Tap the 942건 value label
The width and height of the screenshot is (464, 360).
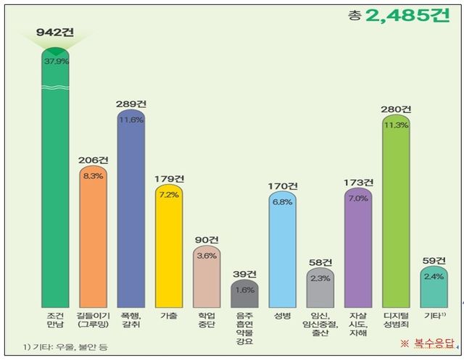56,33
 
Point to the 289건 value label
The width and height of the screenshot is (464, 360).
131,104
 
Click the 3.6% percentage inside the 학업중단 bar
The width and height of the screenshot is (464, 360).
207,256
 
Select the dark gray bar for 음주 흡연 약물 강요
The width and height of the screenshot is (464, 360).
245,293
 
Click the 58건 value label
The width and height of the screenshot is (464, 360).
320,261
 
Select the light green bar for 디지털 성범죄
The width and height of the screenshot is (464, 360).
396,210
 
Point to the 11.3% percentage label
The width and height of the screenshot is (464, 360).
396,125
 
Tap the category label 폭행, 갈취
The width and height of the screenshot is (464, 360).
131,321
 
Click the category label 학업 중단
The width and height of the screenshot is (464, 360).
207,321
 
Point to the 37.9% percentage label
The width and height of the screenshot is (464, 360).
56,62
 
